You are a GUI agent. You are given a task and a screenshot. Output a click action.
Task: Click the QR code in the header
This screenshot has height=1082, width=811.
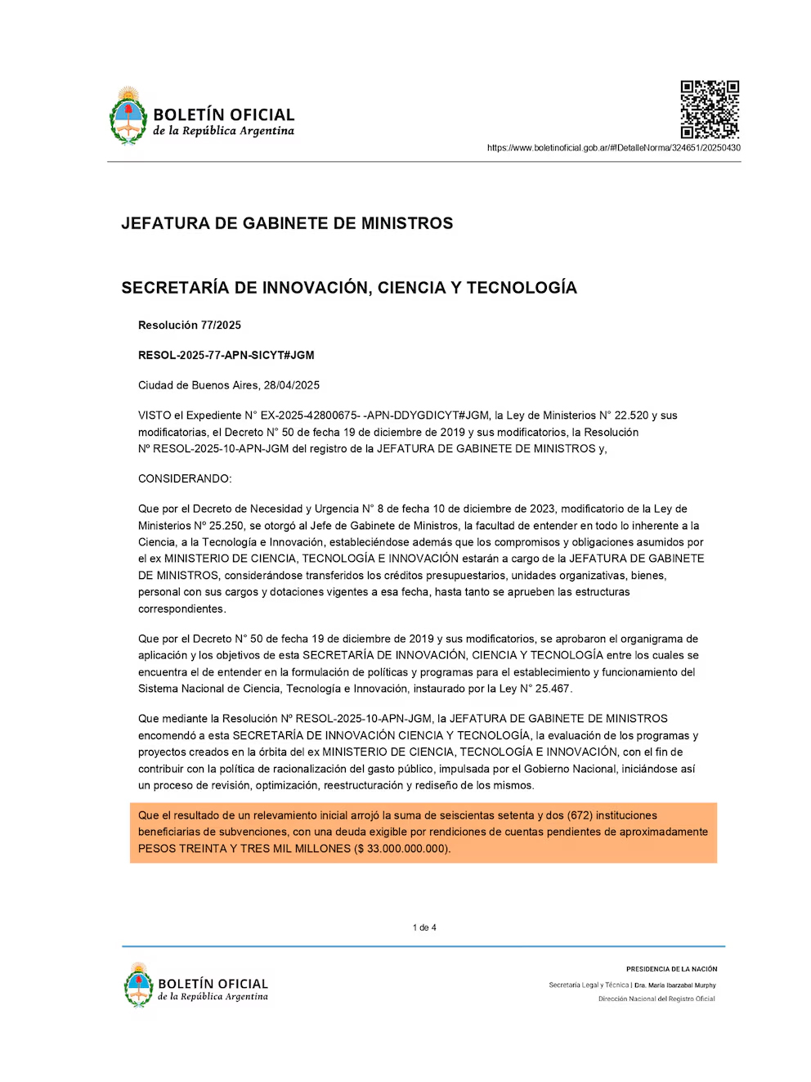[710, 109]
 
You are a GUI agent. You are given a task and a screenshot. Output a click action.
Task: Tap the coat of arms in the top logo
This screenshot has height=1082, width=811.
[128, 116]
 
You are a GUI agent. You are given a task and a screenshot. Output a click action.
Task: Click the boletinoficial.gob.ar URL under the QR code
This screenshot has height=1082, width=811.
[613, 148]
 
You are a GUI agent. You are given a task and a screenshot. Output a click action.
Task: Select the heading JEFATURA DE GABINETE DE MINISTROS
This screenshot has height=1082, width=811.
[287, 223]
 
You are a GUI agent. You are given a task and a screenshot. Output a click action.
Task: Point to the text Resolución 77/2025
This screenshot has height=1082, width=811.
[190, 325]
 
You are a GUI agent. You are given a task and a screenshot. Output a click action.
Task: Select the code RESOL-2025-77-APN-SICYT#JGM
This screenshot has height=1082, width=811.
[226, 355]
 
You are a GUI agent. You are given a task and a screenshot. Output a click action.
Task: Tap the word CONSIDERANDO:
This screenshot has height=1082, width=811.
[185, 478]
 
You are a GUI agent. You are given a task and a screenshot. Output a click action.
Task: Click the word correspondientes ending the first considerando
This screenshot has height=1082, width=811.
[181, 609]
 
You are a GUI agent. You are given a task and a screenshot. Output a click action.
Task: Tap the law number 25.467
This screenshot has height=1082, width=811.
[553, 689]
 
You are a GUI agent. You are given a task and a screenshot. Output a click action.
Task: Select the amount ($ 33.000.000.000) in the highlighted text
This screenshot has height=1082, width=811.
[401, 849]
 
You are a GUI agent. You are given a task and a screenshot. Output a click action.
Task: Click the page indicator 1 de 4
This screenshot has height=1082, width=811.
[424, 927]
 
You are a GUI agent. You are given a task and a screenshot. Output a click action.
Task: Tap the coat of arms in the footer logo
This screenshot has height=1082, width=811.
[139, 985]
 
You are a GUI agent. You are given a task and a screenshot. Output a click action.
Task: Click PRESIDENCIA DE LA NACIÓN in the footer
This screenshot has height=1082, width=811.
[671, 969]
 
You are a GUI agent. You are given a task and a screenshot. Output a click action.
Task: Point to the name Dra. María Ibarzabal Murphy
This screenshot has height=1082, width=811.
[675, 985]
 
